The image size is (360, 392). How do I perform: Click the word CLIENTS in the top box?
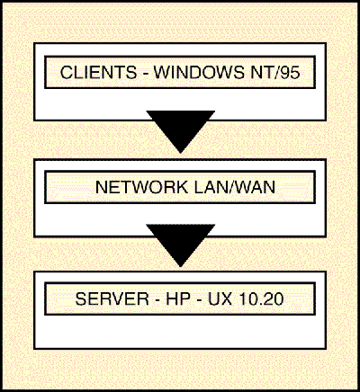pyautogui.click(x=98, y=72)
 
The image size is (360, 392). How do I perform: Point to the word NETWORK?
pyautogui.click(x=141, y=187)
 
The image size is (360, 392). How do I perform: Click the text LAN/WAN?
pyautogui.click(x=235, y=187)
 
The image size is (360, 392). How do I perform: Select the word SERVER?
pyautogui.click(x=112, y=298)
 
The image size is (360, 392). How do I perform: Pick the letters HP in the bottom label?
pyautogui.click(x=178, y=298)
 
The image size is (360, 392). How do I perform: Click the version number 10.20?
pyautogui.click(x=261, y=298)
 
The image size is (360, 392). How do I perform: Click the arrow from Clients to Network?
pyautogui.click(x=181, y=132)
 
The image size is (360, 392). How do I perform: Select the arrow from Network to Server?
pyautogui.click(x=181, y=245)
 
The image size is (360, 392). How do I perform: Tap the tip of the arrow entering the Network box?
pyautogui.click(x=181, y=153)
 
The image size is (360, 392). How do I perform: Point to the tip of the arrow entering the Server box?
pyautogui.click(x=181, y=266)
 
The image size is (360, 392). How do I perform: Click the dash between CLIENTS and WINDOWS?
pyautogui.click(x=145, y=75)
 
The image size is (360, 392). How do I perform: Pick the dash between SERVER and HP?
pyautogui.click(x=157, y=301)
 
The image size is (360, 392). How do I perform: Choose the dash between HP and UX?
pyautogui.click(x=199, y=301)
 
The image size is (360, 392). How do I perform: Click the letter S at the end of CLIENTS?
pyautogui.click(x=131, y=72)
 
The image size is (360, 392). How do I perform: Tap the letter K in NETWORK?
pyautogui.click(x=182, y=187)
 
